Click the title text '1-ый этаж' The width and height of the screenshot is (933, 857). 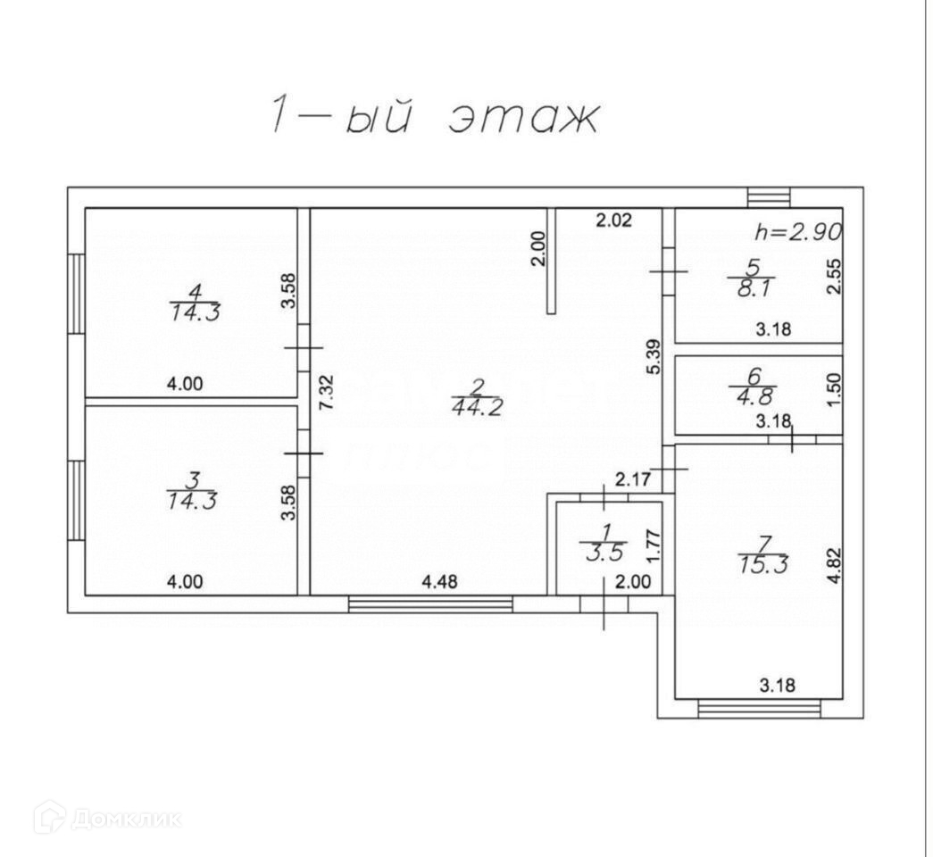pos(433,118)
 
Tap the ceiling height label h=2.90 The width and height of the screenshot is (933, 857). pos(798,232)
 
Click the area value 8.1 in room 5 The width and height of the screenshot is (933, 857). pos(752,288)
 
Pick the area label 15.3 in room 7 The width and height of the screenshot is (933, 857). pos(762,565)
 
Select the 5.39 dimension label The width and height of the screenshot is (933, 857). pos(653,356)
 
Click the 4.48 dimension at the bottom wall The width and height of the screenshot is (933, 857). pos(438,582)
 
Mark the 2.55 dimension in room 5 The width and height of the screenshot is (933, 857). pos(834,276)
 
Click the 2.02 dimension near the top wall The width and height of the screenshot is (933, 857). pos(614,220)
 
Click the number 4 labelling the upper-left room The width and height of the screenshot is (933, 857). pos(195,291)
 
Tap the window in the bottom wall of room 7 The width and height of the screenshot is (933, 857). pos(759,709)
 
